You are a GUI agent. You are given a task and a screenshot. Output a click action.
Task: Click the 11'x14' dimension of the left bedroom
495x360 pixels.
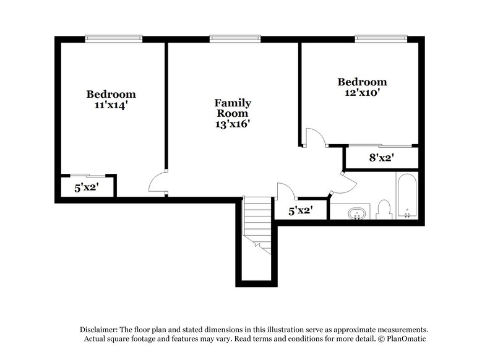coord(111,105)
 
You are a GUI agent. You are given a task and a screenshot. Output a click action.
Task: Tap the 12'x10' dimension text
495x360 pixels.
coord(362,93)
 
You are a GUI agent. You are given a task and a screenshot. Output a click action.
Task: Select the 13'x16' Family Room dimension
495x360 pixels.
coord(232,124)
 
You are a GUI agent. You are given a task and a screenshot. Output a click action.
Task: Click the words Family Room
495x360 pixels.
coord(232,108)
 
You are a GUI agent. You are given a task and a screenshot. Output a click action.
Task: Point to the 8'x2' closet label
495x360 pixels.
coord(382,158)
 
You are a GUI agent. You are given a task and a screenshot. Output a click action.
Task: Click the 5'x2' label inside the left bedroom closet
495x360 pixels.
coord(87,187)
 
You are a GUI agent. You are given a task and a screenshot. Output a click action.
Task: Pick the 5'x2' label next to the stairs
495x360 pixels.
coord(301,211)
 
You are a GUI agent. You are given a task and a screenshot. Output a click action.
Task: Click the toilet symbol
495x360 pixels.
coord(383,210)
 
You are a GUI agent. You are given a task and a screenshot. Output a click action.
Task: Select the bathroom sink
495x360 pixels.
coord(357,214)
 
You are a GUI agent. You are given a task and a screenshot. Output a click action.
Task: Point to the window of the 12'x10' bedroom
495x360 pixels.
coord(381,38)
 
